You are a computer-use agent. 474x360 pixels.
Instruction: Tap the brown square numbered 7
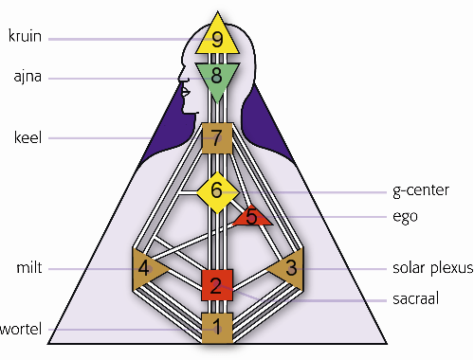[x=217, y=138]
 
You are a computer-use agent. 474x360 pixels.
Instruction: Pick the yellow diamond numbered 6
[x=217, y=192]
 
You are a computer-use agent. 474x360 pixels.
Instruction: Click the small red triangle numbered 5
[x=252, y=217]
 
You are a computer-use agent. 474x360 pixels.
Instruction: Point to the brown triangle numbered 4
[x=146, y=269]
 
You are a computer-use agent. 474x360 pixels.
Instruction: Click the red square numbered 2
[x=217, y=285]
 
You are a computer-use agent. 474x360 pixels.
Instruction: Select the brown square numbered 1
[x=217, y=328]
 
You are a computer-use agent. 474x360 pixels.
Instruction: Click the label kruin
[x=25, y=36]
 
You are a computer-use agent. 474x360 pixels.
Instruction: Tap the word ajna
[x=27, y=77]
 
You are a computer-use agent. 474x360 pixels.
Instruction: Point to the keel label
[x=27, y=137]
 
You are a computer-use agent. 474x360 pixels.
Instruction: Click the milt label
[x=29, y=268]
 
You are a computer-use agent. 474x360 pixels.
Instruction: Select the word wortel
[x=21, y=330]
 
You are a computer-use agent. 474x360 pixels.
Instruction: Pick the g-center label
[x=421, y=190]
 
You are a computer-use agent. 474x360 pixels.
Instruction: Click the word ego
[x=405, y=217]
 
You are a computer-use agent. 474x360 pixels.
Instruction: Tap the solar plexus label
[x=433, y=268]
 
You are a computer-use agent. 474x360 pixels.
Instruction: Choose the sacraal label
[x=416, y=298]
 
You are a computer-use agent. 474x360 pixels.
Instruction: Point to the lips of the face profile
[x=185, y=92]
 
